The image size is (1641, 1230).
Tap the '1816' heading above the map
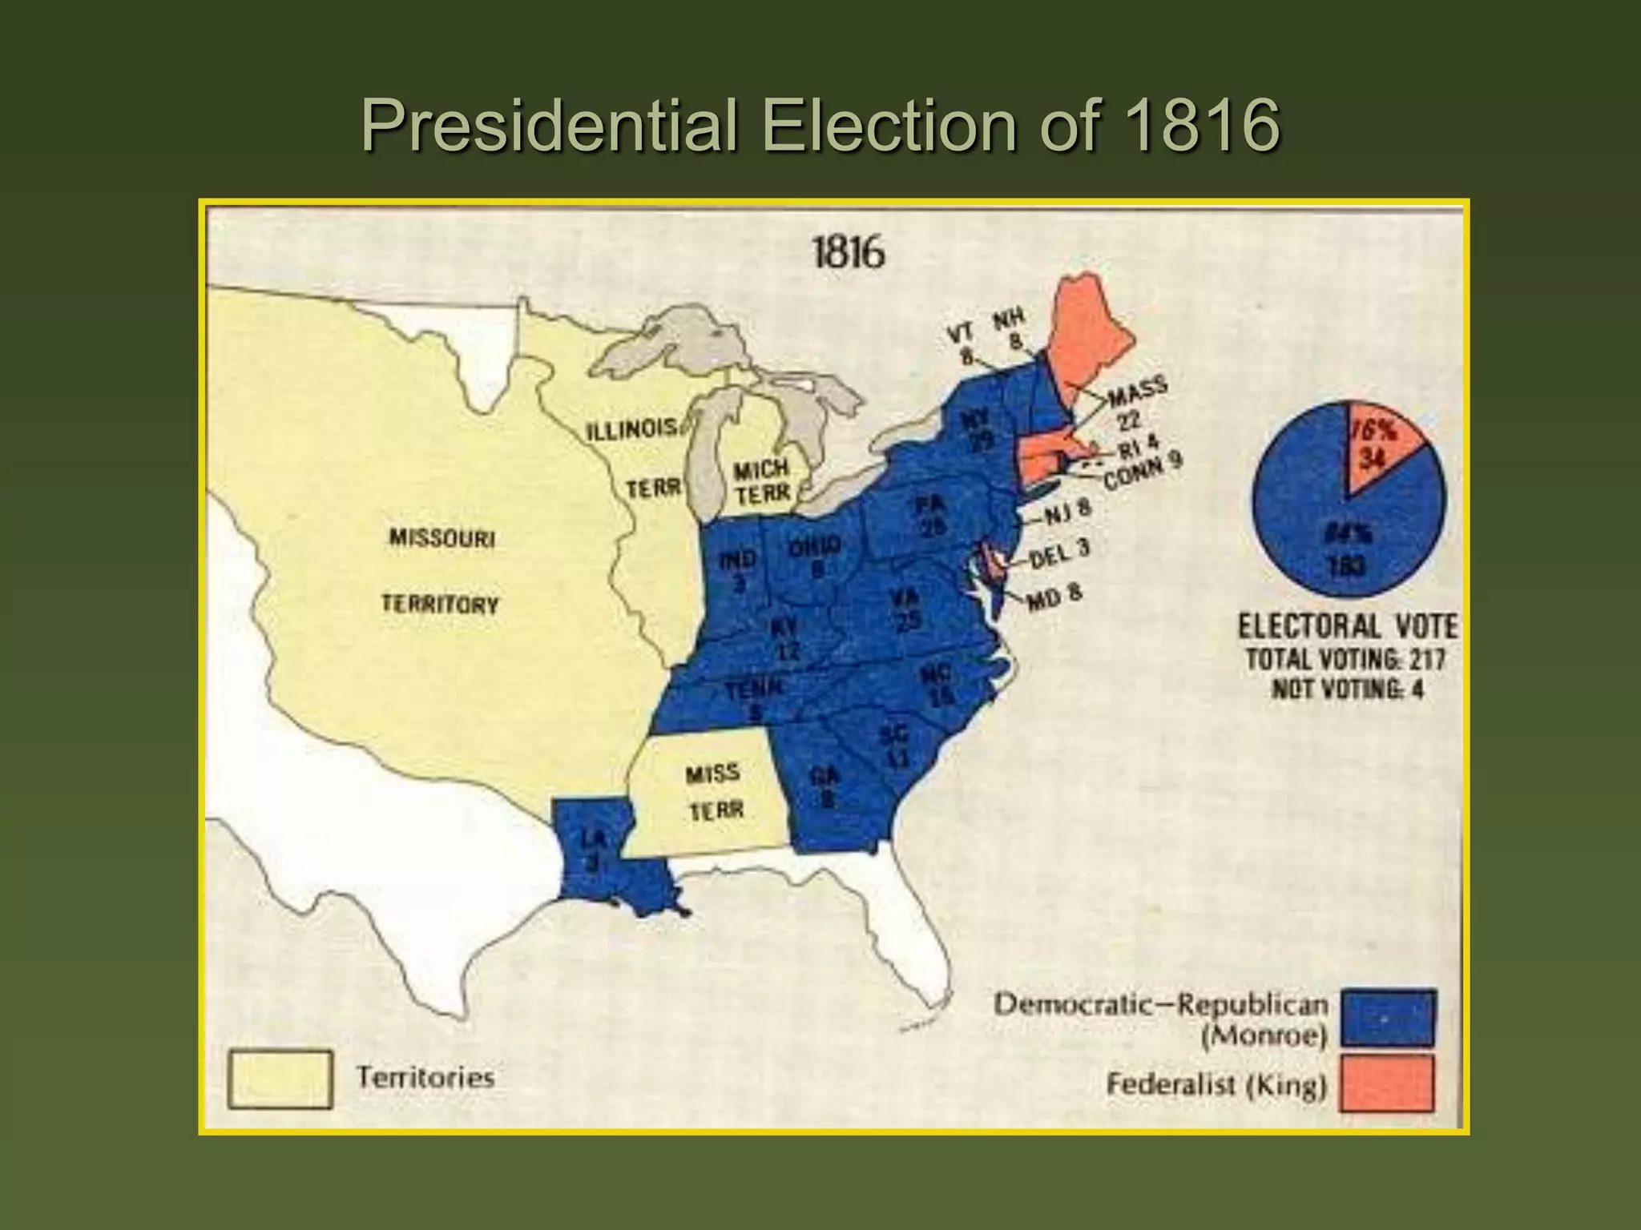point(849,252)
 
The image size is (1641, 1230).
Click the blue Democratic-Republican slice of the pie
point(1322,529)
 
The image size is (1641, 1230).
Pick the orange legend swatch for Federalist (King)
point(1388,1083)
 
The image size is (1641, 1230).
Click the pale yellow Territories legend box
point(280,1079)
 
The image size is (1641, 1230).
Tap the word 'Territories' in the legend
point(425,1077)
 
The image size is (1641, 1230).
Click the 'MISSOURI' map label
point(442,537)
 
